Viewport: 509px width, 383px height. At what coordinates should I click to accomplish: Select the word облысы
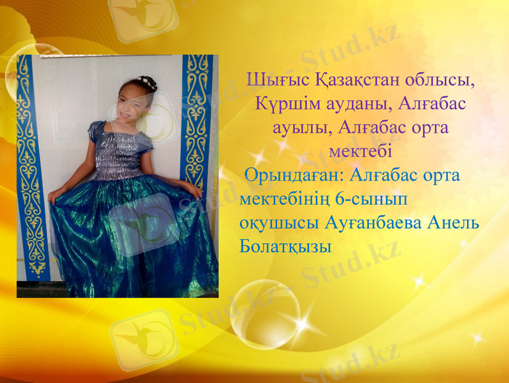click(x=449, y=81)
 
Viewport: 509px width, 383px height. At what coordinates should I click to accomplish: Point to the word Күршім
click(x=284, y=104)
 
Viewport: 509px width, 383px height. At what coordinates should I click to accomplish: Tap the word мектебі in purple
click(x=361, y=151)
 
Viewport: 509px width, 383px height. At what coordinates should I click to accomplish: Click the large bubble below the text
click(x=265, y=315)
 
